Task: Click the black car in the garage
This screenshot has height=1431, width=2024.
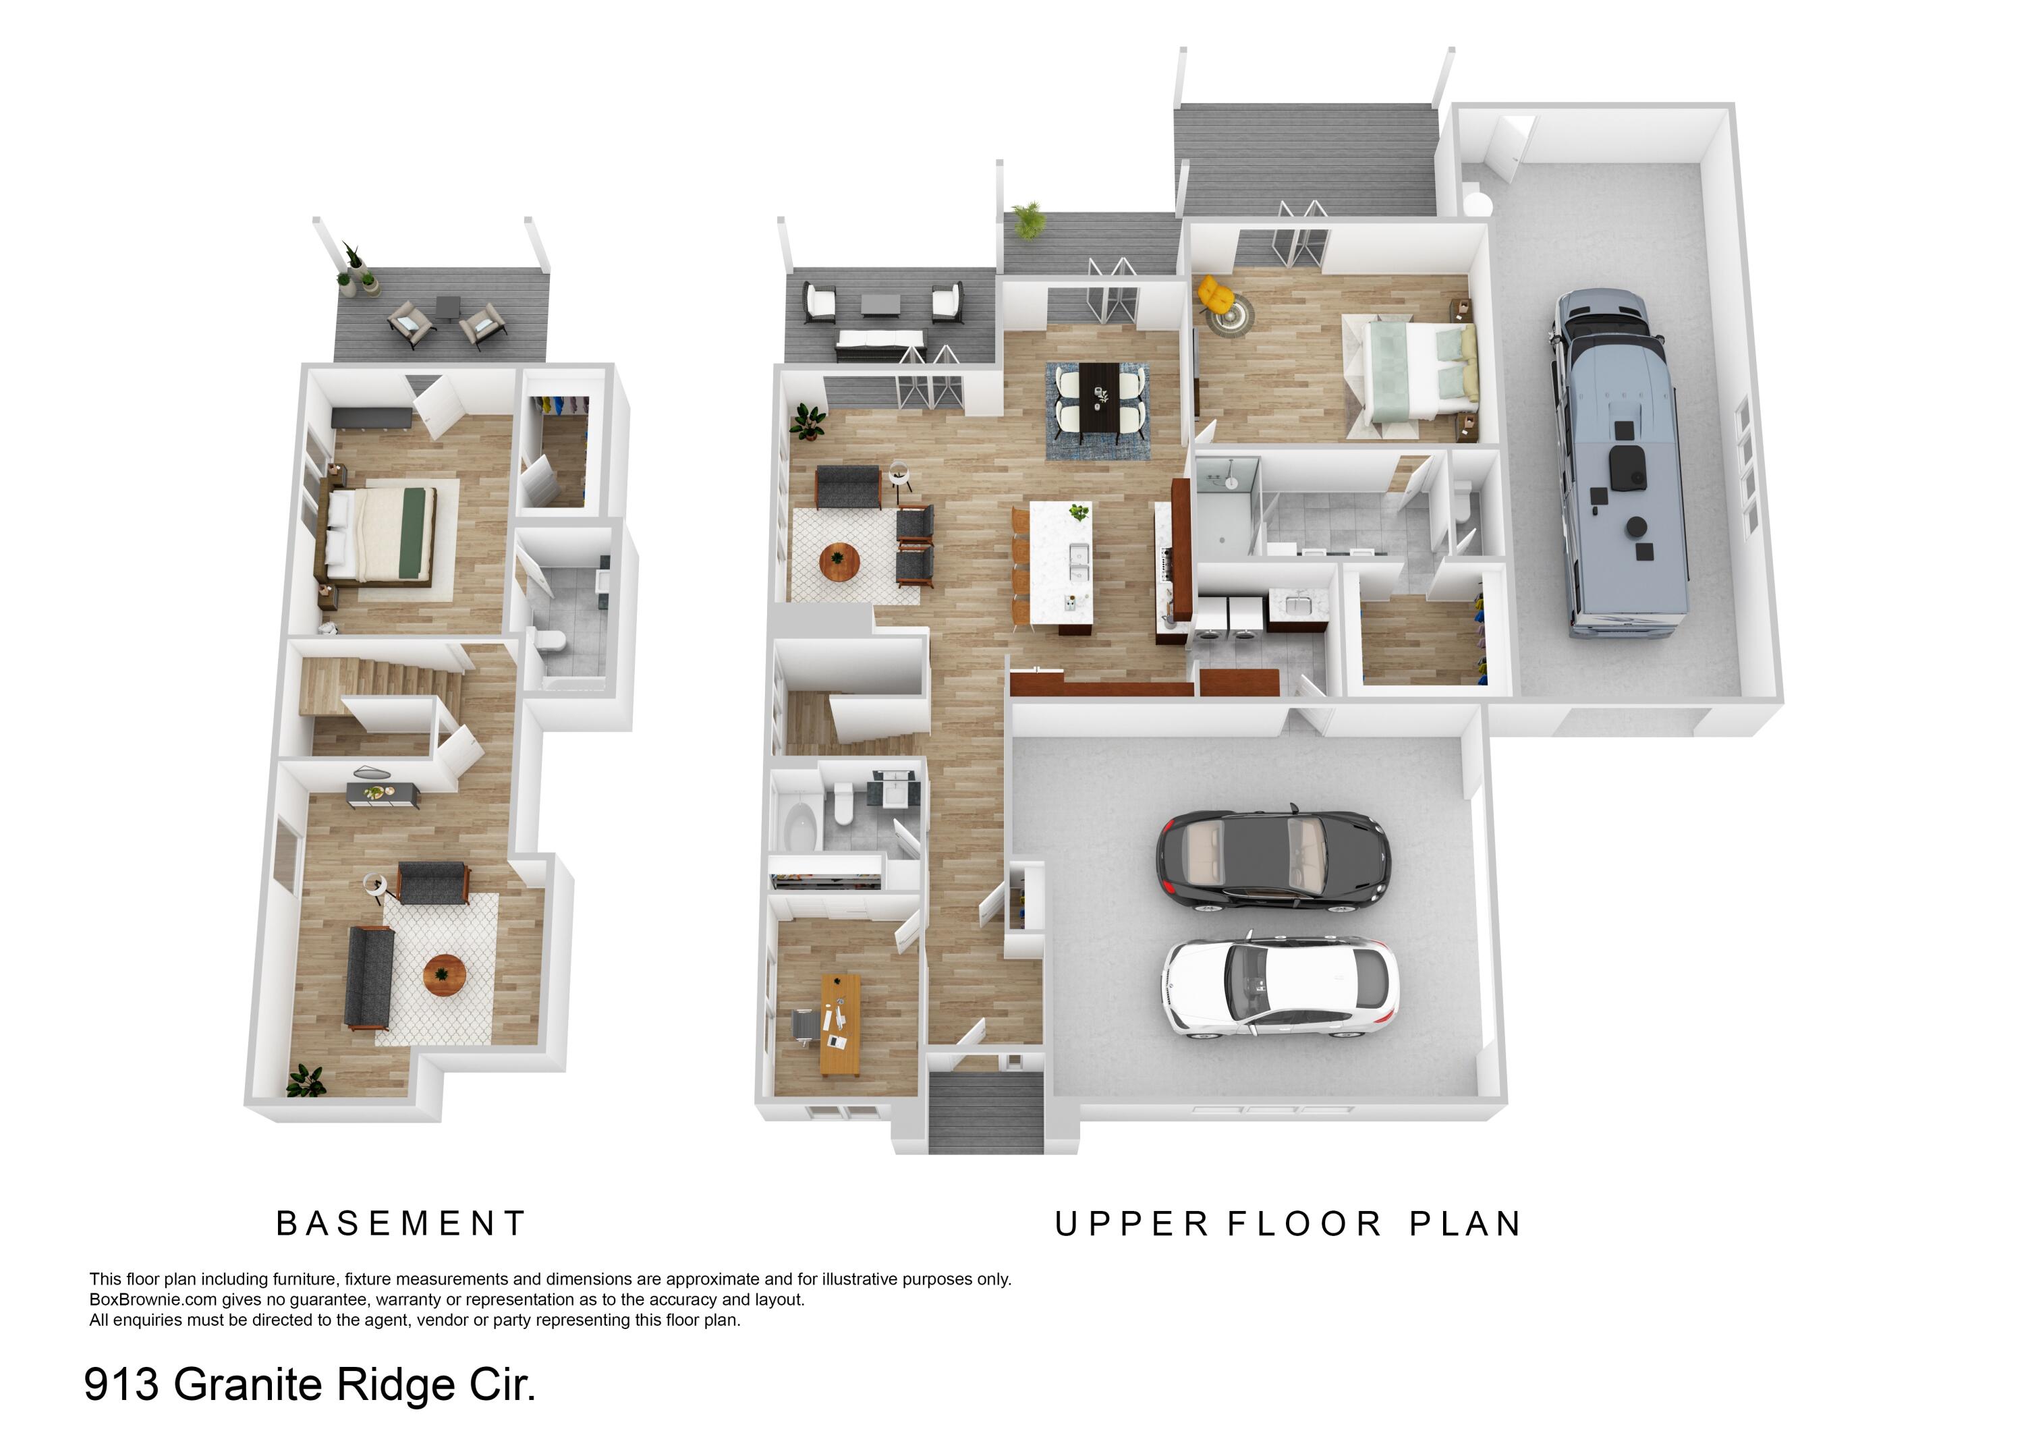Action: tap(1273, 856)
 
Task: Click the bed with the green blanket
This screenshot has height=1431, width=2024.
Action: tap(381, 534)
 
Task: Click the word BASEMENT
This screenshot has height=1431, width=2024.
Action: tap(401, 1223)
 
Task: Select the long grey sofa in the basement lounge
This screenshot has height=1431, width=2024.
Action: tap(368, 977)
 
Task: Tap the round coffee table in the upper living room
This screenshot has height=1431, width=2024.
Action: tap(839, 561)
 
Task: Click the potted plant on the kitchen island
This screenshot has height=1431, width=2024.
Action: tap(1078, 511)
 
